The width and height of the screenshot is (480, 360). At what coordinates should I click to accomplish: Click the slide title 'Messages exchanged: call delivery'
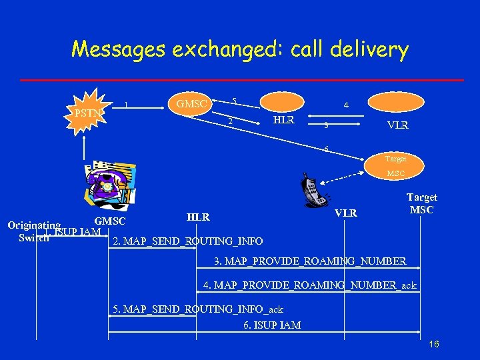(239, 49)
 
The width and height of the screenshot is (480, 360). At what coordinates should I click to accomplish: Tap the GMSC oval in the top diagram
(192, 103)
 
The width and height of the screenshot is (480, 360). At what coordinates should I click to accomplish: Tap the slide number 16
(434, 344)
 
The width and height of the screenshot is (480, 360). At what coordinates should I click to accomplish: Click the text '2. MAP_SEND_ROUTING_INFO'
(189, 241)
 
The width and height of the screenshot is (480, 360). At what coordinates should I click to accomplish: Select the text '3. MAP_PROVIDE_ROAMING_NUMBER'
(310, 260)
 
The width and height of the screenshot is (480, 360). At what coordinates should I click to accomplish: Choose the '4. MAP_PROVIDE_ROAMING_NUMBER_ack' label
(310, 285)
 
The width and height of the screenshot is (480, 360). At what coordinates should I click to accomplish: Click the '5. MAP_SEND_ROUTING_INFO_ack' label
(198, 309)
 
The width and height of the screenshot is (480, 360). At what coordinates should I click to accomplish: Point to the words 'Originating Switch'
(33, 231)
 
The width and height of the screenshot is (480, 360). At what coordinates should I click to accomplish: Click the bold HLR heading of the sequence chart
(198, 217)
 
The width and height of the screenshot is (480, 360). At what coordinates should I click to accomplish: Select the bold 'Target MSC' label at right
(421, 203)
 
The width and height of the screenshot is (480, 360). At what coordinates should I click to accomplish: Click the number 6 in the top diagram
(326, 148)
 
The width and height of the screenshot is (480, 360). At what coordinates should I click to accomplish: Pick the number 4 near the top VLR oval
(345, 105)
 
